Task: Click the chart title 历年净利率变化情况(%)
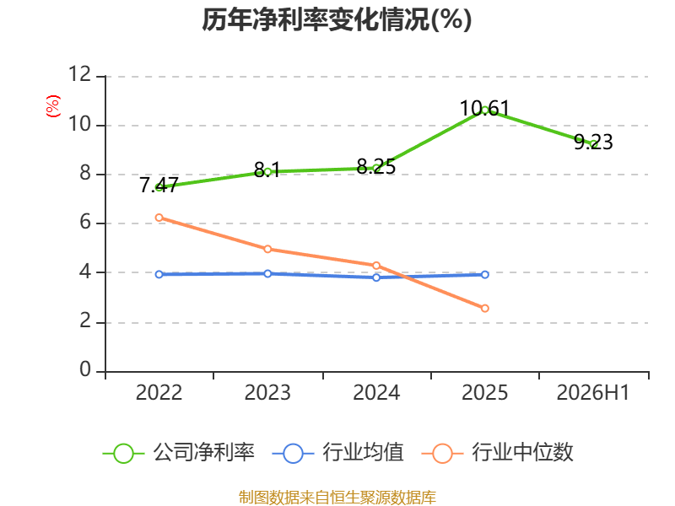point(337,19)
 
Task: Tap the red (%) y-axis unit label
point(53,106)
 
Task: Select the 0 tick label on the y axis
point(85,369)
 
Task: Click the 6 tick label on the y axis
point(85,222)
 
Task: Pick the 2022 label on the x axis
point(159,392)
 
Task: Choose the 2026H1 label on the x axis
point(593,392)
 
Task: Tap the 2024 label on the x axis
point(376,392)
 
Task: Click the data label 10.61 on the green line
point(484,108)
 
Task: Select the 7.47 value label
point(159,185)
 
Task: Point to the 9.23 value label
point(593,142)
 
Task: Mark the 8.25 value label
point(376,166)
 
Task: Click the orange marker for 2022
point(159,218)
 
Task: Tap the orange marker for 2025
point(484,308)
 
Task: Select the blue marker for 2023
point(267,273)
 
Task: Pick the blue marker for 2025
point(484,275)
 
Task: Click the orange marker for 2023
point(267,249)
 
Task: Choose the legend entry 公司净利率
point(179,453)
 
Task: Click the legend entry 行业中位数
point(497,453)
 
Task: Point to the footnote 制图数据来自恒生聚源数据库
point(337,498)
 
